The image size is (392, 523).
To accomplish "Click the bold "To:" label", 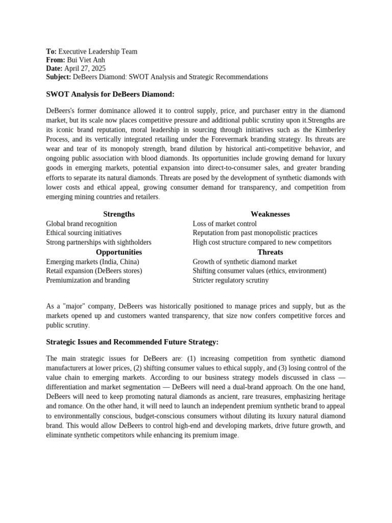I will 51,52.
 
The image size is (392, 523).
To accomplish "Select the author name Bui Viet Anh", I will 86,60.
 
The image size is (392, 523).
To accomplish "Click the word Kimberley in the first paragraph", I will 327,130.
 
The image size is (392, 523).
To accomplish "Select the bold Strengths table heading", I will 119,214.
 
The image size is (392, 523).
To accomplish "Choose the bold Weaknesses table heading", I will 270,214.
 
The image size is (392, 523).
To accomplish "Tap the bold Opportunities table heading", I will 119,252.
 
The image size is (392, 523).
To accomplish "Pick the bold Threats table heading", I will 270,252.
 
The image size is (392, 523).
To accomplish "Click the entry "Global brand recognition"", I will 81,224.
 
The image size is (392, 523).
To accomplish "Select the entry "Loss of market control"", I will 225,224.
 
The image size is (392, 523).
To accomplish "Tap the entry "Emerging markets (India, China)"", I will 92,261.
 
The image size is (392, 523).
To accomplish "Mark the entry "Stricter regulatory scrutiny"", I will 230,280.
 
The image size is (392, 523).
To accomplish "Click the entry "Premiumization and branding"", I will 88,280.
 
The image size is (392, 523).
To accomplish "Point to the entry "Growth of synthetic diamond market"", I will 244,261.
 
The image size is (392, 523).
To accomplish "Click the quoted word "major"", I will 73,306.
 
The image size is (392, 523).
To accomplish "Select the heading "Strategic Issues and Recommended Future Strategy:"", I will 132,342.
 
